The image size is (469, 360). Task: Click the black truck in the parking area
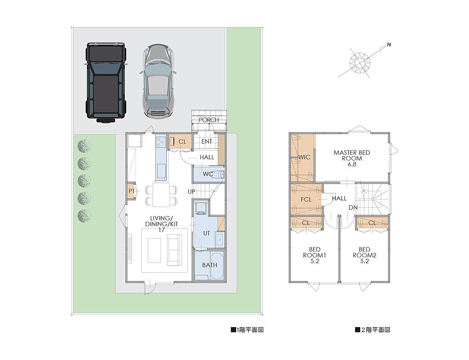point(106,82)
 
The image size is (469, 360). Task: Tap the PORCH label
point(209,120)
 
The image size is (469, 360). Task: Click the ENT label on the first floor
point(207,141)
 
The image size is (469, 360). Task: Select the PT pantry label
point(131,191)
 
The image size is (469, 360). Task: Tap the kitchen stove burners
point(161,142)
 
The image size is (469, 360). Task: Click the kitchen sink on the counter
point(161,171)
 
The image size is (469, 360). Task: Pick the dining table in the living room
point(161,195)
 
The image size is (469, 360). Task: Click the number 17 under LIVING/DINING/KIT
point(162,229)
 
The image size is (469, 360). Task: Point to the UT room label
point(207,233)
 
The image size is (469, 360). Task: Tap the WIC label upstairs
point(304,157)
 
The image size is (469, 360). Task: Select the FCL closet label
point(306,199)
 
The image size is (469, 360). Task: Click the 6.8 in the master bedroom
point(352,164)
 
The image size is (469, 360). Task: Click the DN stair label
point(353,207)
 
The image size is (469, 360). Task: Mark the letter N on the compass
point(389,45)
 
